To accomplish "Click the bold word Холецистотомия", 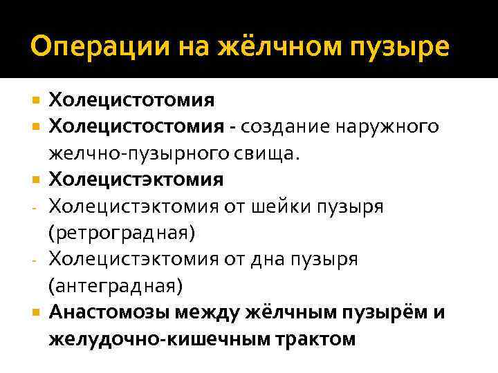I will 131,101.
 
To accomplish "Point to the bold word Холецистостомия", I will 136,127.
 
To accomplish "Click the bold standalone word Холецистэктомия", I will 136,180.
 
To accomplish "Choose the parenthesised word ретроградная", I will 122,232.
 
